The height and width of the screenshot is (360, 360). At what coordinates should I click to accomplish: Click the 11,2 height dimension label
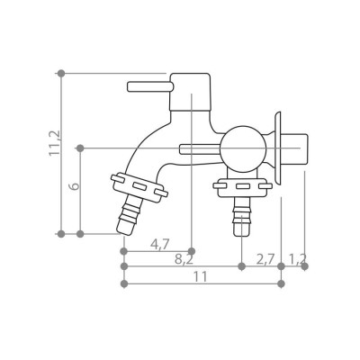pyautogui.click(x=54, y=143)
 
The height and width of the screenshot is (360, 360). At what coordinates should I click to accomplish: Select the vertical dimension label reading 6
pyautogui.click(x=75, y=185)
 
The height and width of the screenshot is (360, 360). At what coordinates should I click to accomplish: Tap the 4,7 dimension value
pyautogui.click(x=160, y=245)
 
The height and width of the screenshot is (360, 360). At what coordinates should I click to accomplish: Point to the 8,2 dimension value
pyautogui.click(x=184, y=260)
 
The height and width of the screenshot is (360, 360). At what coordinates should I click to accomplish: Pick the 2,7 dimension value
pyautogui.click(x=265, y=259)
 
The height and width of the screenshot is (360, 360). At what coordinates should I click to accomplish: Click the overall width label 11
pyautogui.click(x=201, y=276)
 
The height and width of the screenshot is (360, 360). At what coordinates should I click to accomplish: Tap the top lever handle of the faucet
pyautogui.click(x=150, y=86)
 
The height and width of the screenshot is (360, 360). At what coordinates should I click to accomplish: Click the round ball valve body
pyautogui.click(x=243, y=149)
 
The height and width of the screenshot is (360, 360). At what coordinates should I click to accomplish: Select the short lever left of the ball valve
pyautogui.click(x=200, y=149)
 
